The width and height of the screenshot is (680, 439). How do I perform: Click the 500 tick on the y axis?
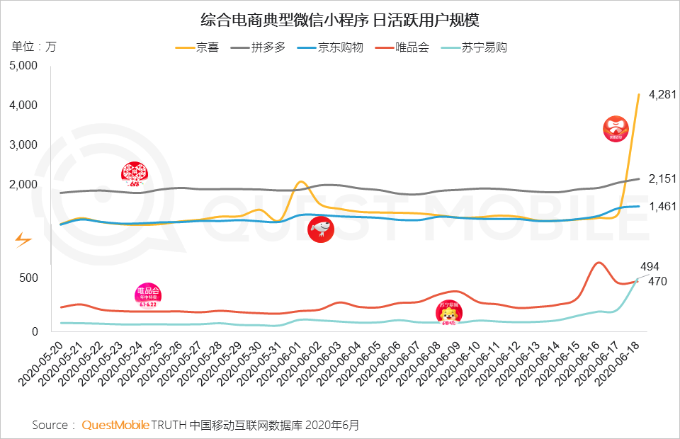point(27,278)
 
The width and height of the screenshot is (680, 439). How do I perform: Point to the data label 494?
point(650,266)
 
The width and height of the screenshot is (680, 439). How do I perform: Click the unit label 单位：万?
point(33,47)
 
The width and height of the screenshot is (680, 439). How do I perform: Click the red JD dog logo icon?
point(322,229)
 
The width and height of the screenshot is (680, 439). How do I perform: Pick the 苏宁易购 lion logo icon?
point(448,313)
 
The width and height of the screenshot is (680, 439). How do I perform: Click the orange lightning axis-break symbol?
point(23,239)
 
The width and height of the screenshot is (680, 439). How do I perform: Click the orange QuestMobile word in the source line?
point(115,425)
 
